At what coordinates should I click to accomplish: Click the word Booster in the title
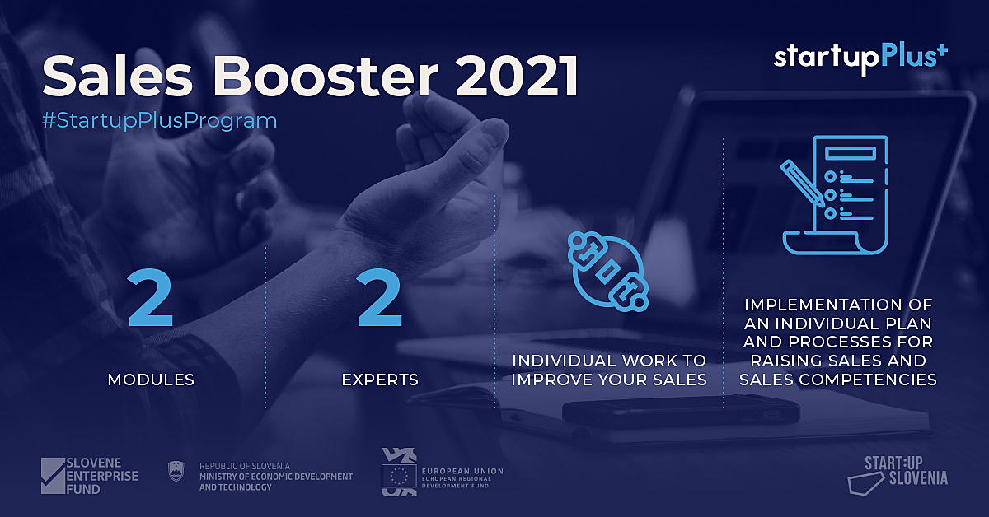(x=326, y=76)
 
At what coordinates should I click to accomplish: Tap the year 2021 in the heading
(x=517, y=76)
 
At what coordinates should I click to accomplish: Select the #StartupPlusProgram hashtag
(x=159, y=121)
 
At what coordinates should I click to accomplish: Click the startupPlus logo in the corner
(x=860, y=59)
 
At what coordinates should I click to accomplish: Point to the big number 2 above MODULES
(x=150, y=298)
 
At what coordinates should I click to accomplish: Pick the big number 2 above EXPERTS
(x=380, y=298)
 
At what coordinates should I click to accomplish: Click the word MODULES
(x=151, y=380)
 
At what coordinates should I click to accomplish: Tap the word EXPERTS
(x=380, y=380)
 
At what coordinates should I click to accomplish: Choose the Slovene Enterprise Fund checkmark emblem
(x=53, y=476)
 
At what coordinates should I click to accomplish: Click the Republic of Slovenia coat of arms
(x=176, y=471)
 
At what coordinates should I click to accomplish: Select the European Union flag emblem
(x=399, y=476)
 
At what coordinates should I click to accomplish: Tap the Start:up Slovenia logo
(x=898, y=475)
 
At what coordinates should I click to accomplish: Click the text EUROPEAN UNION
(x=462, y=471)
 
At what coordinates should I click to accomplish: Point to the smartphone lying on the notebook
(x=681, y=409)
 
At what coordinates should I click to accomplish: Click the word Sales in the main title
(x=117, y=76)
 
